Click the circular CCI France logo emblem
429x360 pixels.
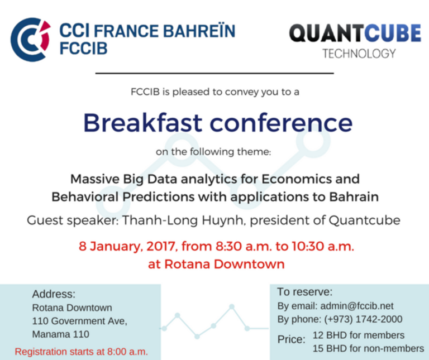tap(31, 40)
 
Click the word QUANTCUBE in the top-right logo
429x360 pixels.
tap(355, 33)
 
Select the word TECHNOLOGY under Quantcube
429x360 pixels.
tap(359, 54)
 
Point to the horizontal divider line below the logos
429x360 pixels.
tap(214, 73)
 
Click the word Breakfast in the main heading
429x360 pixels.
tap(143, 122)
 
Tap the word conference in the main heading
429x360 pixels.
tap(281, 122)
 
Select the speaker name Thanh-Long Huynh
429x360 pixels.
tap(182, 220)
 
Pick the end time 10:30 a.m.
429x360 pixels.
tap(323, 246)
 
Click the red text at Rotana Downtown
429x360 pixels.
tap(216, 264)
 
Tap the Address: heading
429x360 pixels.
tap(54, 294)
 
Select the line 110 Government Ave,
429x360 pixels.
tap(80, 321)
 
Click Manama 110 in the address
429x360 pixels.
tap(61, 334)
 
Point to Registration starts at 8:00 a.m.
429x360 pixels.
tap(81, 352)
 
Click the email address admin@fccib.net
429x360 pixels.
tap(357, 306)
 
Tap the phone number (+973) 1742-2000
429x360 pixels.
tap(363, 319)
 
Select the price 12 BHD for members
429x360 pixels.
tap(359, 335)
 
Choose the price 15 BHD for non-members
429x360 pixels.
tap(368, 348)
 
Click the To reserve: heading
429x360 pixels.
tap(305, 292)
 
